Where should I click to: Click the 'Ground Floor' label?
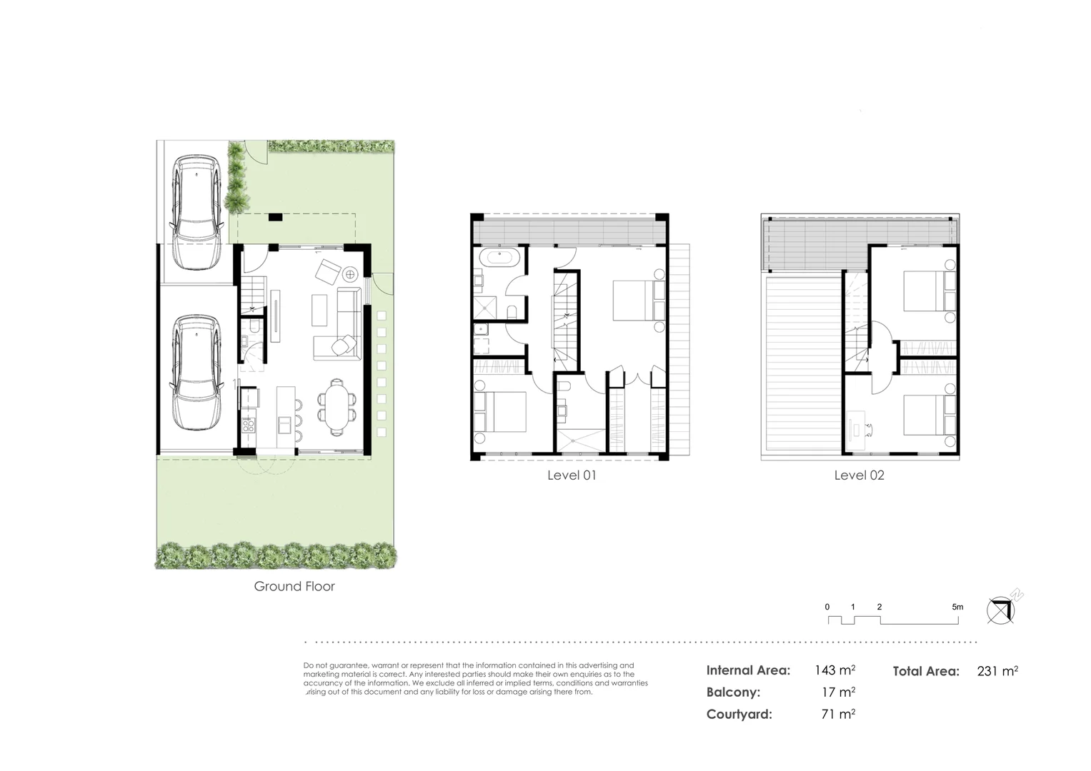click(294, 587)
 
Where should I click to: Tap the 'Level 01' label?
click(571, 475)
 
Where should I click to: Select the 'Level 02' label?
click(859, 475)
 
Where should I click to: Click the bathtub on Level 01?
click(498, 258)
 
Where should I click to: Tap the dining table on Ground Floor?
click(336, 407)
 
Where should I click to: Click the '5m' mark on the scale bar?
click(957, 607)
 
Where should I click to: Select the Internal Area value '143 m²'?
click(835, 670)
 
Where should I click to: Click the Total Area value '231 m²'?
click(997, 670)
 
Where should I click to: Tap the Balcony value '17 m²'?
click(839, 692)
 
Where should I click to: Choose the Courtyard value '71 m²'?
click(839, 713)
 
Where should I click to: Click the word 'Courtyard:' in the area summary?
click(739, 714)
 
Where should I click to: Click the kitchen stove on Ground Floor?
click(248, 425)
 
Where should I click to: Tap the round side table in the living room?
click(351, 273)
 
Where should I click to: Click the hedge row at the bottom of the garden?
click(276, 554)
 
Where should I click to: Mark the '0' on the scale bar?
click(827, 607)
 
